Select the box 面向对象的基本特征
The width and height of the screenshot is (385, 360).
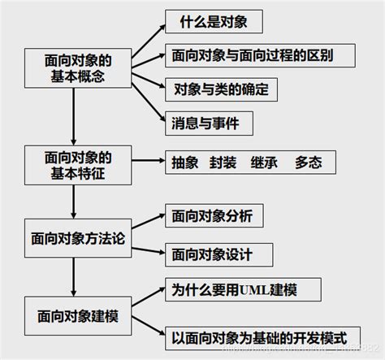(76, 163)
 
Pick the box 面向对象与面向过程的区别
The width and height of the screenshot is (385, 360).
(252, 55)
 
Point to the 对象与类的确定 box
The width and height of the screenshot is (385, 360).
(220, 87)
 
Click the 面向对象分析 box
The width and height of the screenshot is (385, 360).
(212, 216)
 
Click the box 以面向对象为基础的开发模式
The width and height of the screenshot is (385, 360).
(260, 335)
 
